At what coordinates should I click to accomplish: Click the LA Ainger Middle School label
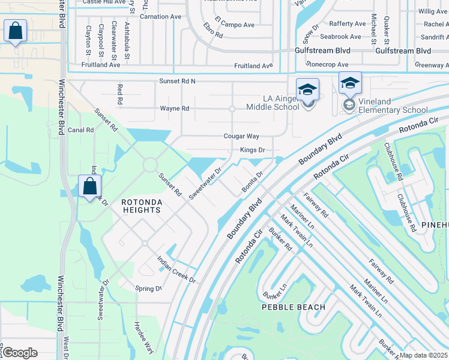273,103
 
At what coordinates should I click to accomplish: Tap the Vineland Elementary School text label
393,106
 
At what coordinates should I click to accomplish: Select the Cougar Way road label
241,137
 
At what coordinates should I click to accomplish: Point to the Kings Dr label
252,149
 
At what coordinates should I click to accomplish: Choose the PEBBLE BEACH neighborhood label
294,307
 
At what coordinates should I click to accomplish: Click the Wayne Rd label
175,109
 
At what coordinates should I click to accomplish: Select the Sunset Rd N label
177,80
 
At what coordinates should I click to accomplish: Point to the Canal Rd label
80,130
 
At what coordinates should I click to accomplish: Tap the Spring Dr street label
149,289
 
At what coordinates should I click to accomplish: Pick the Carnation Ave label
160,17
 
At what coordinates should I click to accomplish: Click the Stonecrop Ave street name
327,64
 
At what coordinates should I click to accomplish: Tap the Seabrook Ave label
341,37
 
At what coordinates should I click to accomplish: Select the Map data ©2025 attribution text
423,355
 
